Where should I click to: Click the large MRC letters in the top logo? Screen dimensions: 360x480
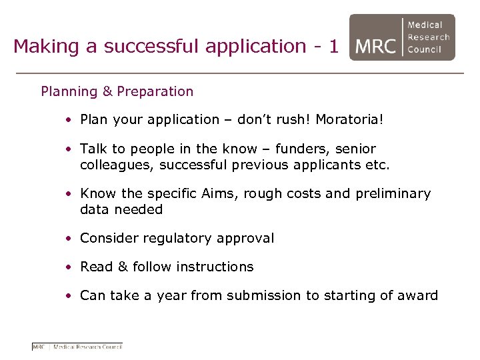tap(376, 46)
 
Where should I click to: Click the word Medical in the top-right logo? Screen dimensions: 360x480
tap(425, 25)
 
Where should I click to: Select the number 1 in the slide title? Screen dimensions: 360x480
tap(333, 46)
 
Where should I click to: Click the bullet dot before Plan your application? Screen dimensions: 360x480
tap(69, 121)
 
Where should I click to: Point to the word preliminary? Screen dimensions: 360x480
tap(392, 194)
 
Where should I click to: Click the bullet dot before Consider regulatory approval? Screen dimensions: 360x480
tap(69, 239)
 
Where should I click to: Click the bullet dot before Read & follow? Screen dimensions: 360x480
tap(69, 267)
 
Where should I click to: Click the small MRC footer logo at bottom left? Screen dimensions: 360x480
tap(77, 346)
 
